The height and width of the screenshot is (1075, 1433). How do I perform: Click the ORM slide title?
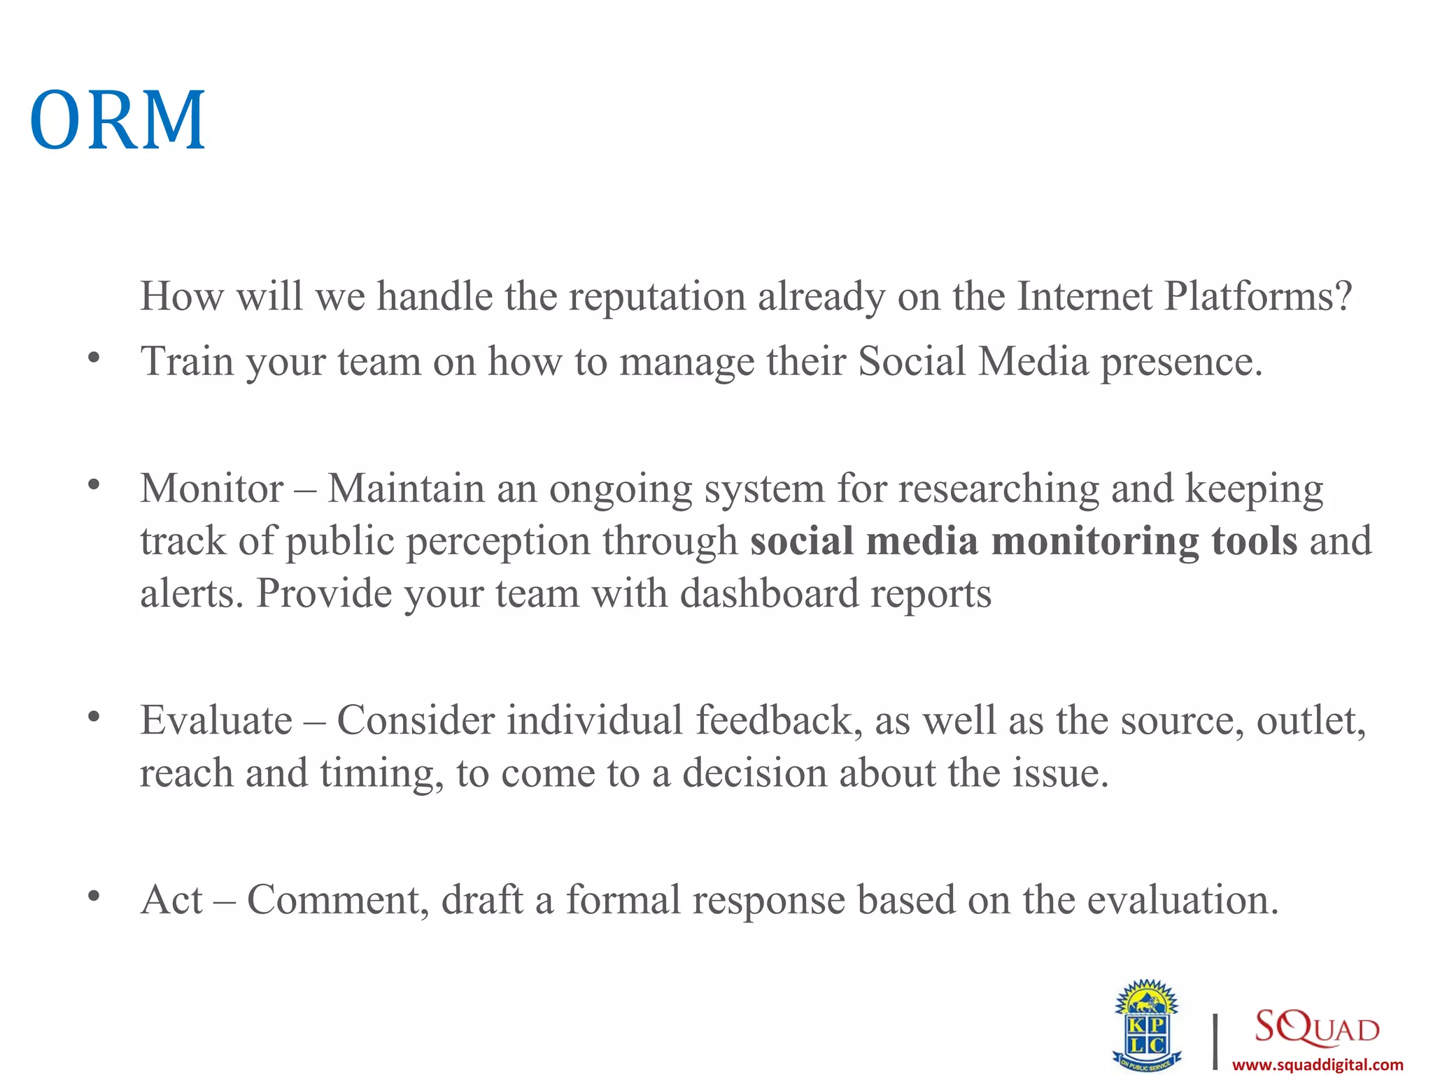[x=118, y=120]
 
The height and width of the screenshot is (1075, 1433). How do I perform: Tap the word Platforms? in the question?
[x=1258, y=296]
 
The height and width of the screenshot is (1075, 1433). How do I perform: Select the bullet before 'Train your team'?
[x=94, y=358]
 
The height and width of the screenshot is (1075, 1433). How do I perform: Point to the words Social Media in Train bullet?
[x=973, y=361]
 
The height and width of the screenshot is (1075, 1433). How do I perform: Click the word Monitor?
[x=212, y=488]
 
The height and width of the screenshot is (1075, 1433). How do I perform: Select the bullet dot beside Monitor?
[x=94, y=484]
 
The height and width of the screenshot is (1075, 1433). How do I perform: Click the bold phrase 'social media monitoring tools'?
[x=1024, y=541]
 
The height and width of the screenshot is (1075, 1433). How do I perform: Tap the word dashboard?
[x=769, y=593]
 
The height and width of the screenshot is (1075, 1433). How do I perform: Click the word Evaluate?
[x=216, y=720]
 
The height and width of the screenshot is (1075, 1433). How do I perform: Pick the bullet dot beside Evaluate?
[x=94, y=716]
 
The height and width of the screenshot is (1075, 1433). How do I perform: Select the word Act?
[x=171, y=899]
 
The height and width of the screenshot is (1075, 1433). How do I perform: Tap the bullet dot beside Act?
[x=94, y=895]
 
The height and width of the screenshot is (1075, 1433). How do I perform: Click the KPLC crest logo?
[x=1146, y=1025]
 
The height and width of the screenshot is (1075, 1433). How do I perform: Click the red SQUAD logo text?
[x=1316, y=1027]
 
